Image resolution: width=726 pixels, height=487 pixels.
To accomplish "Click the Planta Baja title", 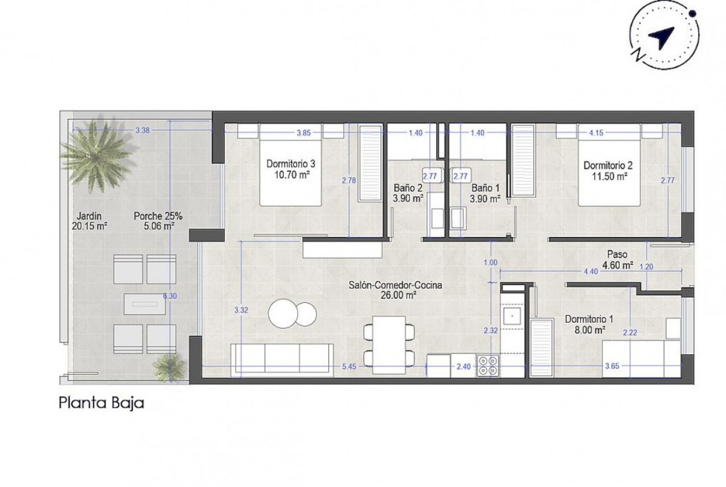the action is pyautogui.click(x=101, y=403).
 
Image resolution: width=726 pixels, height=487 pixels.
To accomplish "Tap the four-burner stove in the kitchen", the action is pyautogui.click(x=488, y=365).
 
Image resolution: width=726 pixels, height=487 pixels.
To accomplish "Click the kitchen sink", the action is pyautogui.click(x=512, y=316).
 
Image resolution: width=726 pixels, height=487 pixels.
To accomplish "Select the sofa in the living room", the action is pyautogui.click(x=282, y=360).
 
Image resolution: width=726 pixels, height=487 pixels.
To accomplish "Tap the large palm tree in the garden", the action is pyautogui.click(x=96, y=154).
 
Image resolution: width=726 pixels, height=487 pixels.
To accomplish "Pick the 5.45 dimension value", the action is pyautogui.click(x=349, y=366).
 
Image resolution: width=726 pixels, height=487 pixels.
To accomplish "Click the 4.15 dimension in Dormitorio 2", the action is pyautogui.click(x=596, y=132).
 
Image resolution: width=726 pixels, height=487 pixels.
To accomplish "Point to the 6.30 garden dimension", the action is pyautogui.click(x=169, y=296).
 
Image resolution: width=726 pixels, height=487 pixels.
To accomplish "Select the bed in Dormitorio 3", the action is pyautogui.click(x=291, y=165).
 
